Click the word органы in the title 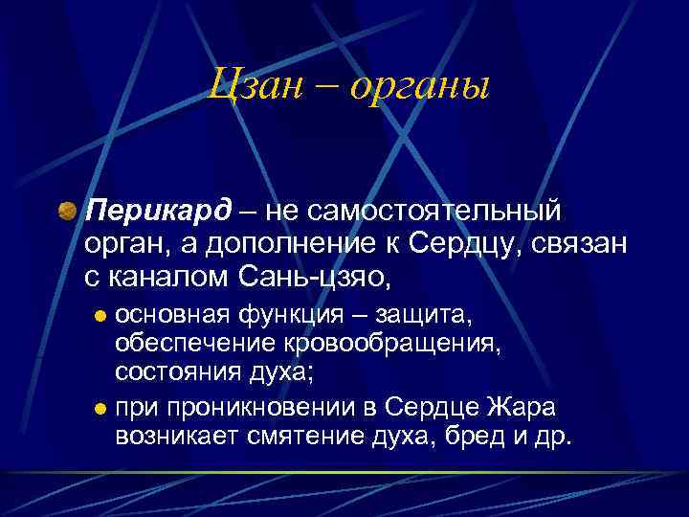(x=419, y=90)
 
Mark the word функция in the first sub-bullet (x=287, y=315)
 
